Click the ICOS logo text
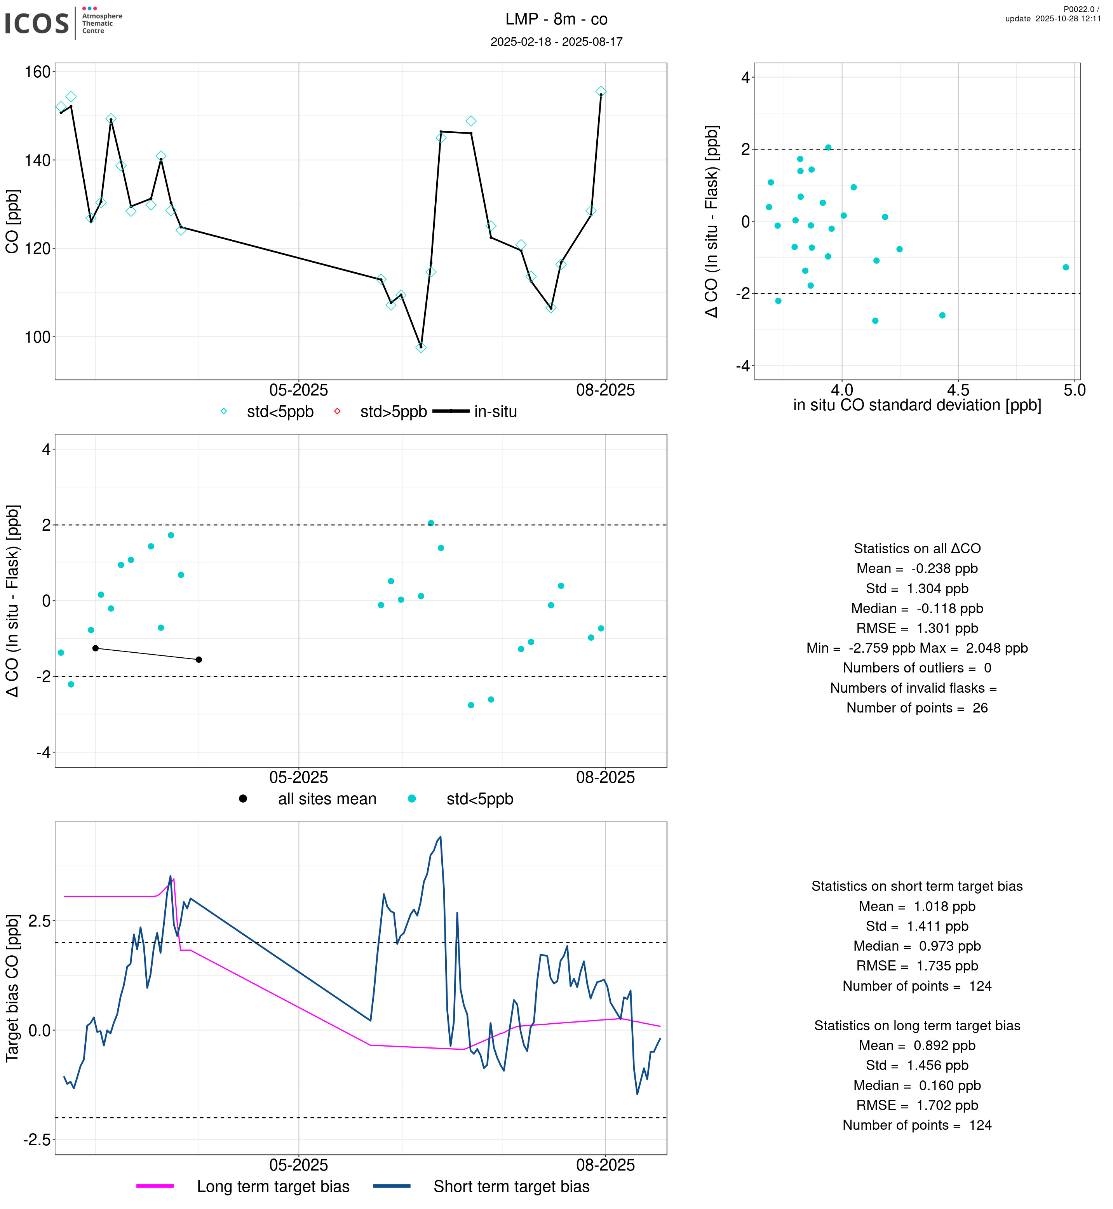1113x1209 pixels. [37, 23]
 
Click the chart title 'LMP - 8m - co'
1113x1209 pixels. [556, 19]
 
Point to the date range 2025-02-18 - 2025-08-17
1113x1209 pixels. [556, 42]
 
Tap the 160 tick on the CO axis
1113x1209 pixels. [37, 72]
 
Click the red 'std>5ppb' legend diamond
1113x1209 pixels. [337, 411]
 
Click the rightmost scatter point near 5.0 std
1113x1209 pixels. [1066, 267]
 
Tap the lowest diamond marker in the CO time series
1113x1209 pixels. [421, 348]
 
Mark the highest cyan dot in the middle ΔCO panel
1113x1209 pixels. [431, 523]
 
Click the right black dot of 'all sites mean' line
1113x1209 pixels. [199, 660]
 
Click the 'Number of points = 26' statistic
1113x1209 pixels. [917, 708]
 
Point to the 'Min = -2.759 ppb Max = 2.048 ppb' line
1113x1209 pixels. [917, 648]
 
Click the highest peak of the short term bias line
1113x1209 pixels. [440, 837]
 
